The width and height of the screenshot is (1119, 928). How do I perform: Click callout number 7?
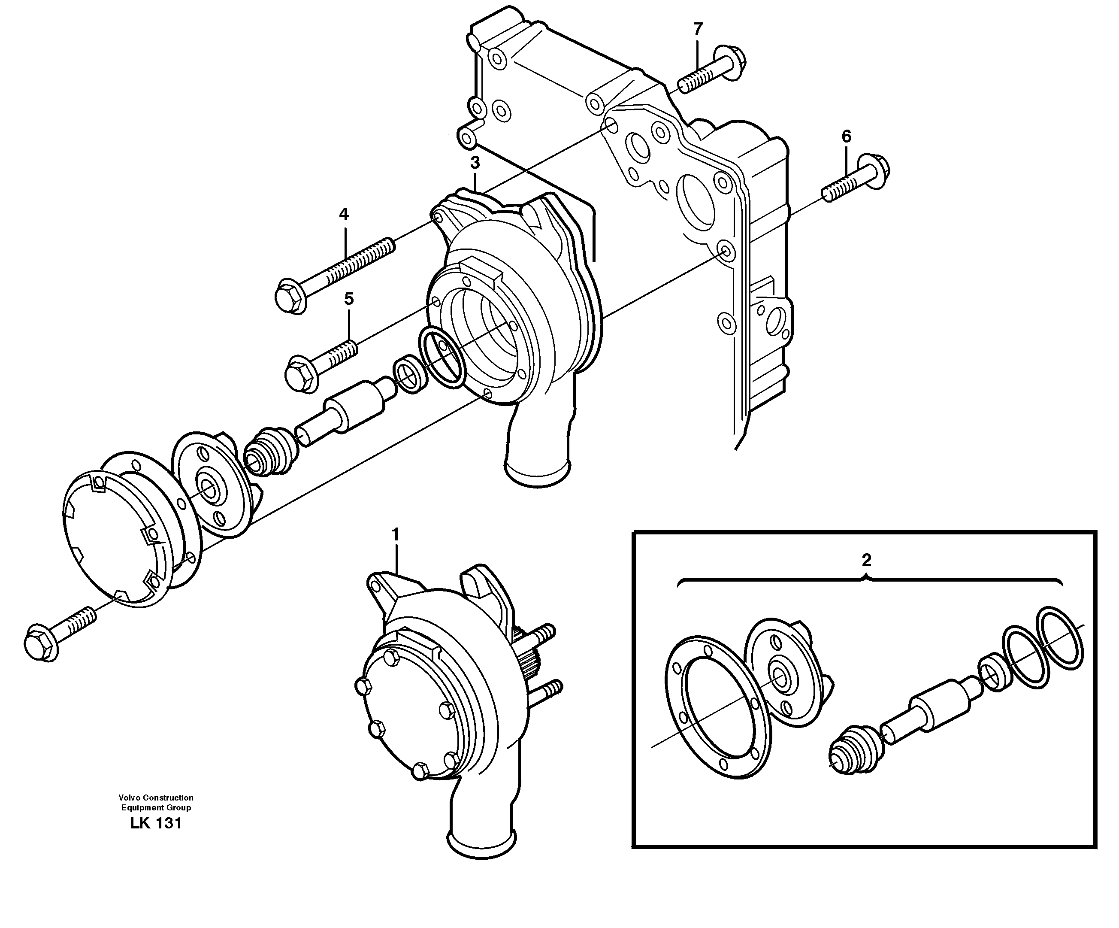point(698,29)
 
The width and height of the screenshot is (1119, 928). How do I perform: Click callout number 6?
point(847,136)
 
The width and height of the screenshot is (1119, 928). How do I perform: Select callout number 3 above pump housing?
point(475,162)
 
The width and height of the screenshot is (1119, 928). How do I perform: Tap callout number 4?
point(344,215)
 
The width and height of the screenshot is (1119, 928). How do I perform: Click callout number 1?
point(395,534)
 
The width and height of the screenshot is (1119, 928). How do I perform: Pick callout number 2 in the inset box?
point(866,560)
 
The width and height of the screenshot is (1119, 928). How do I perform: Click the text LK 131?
point(156,824)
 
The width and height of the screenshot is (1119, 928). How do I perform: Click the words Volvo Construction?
point(156,798)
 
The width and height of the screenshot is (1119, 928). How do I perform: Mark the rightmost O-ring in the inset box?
point(1059,637)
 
